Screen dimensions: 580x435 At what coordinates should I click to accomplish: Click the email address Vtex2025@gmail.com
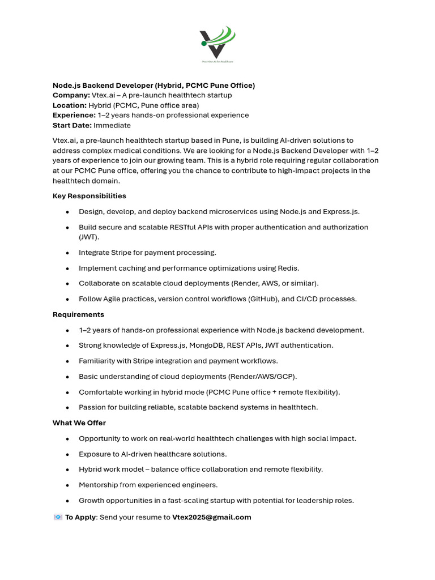(x=211, y=517)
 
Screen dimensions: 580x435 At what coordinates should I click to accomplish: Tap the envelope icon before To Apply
(x=58, y=517)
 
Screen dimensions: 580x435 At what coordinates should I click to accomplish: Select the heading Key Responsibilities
(x=89, y=196)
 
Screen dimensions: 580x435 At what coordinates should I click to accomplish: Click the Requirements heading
(x=78, y=314)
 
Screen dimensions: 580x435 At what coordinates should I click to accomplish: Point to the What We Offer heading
(x=79, y=423)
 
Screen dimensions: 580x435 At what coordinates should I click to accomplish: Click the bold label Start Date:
(x=72, y=125)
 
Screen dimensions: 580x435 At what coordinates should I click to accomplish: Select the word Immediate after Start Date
(x=112, y=125)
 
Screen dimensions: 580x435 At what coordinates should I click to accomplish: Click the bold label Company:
(x=71, y=95)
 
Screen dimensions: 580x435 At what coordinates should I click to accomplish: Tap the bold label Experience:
(x=74, y=115)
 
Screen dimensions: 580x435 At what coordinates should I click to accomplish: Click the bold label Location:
(x=70, y=105)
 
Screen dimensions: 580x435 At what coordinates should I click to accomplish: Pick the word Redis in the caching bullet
(x=288, y=268)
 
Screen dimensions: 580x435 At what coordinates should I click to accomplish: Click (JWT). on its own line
(x=89, y=237)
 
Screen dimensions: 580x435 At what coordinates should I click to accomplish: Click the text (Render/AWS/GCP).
(x=262, y=377)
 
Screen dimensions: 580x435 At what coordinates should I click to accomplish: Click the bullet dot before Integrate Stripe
(x=67, y=253)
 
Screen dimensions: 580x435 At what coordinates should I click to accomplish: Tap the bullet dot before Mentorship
(x=67, y=485)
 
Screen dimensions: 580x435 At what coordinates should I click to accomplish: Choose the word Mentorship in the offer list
(x=100, y=485)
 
